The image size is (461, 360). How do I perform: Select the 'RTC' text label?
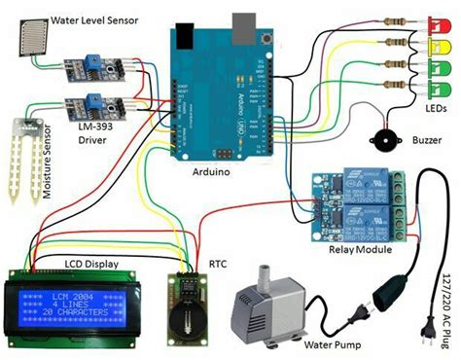pos(216,263)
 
